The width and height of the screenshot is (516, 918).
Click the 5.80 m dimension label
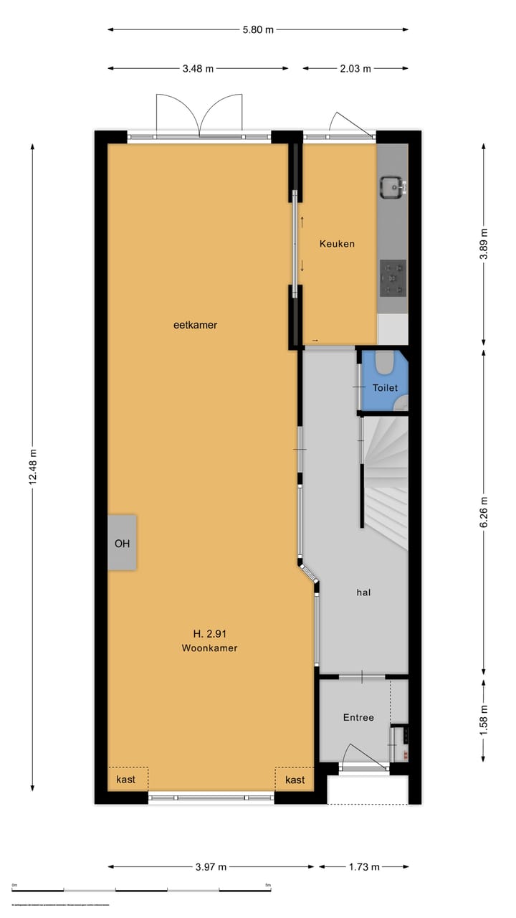pyautogui.click(x=258, y=29)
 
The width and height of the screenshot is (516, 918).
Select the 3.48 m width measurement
pyautogui.click(x=197, y=69)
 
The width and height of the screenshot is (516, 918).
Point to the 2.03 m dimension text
pyautogui.click(x=355, y=69)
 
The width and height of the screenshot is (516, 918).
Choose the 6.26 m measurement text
pyautogui.click(x=484, y=512)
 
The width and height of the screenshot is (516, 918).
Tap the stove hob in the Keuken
pyautogui.click(x=393, y=278)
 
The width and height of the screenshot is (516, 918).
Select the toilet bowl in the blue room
pyautogui.click(x=385, y=363)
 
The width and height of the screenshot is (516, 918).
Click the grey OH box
pyautogui.click(x=123, y=543)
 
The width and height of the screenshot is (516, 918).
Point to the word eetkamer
pyautogui.click(x=195, y=325)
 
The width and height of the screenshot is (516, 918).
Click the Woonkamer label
pyautogui.click(x=210, y=648)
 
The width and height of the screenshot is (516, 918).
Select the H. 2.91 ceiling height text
pyautogui.click(x=210, y=633)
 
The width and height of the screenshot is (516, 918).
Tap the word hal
pyautogui.click(x=363, y=592)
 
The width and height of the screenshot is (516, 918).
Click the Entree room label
pyautogui.click(x=358, y=717)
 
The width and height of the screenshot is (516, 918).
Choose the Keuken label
pyautogui.click(x=337, y=244)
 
